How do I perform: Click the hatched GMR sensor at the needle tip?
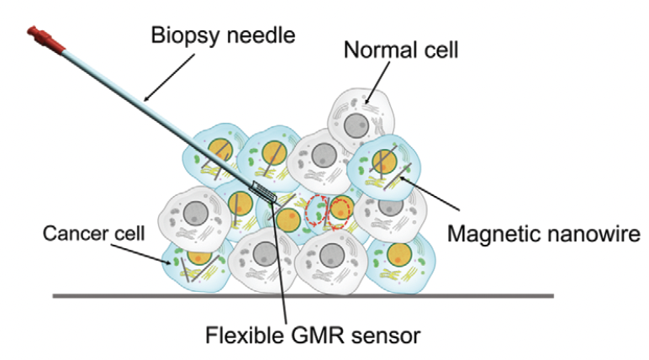pyautogui.click(x=263, y=191)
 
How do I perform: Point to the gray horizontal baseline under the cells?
pyautogui.click(x=303, y=295)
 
